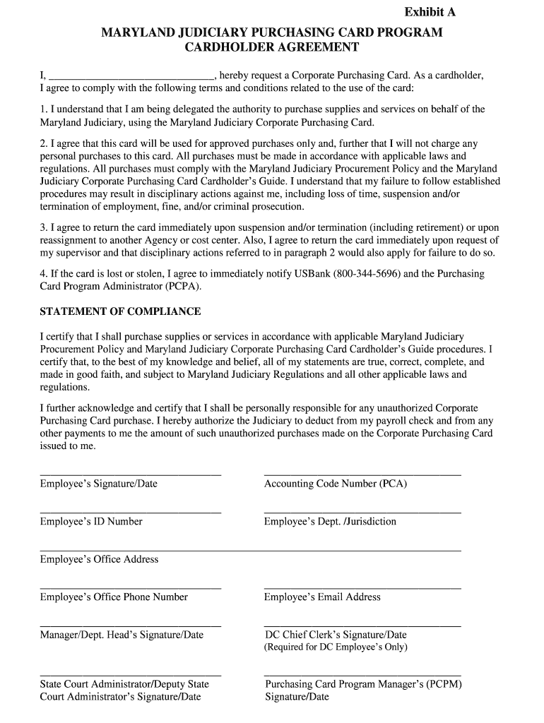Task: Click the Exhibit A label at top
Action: click(430, 12)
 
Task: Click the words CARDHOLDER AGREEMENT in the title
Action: click(272, 47)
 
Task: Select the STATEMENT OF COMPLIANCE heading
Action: click(120, 311)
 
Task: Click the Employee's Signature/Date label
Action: click(99, 484)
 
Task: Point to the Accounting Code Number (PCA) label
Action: click(336, 484)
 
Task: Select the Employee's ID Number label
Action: click(91, 521)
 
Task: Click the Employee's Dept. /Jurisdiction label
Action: click(330, 521)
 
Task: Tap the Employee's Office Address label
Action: click(99, 559)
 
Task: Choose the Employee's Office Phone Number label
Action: click(114, 597)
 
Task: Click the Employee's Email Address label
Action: click(322, 597)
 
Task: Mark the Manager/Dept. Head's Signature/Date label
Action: click(122, 635)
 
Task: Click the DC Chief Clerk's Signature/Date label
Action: click(336, 635)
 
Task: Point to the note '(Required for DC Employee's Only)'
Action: click(336, 647)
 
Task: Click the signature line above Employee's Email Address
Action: click(362, 587)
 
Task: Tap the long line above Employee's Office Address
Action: click(250, 550)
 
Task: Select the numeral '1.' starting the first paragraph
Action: click(44, 109)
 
